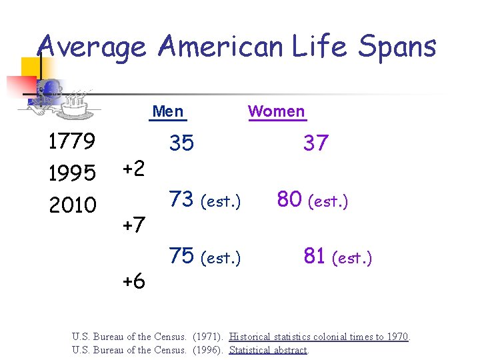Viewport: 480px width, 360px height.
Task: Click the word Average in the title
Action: click(x=91, y=47)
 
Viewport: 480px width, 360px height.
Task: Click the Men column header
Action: click(x=168, y=111)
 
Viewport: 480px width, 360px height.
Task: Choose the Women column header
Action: click(x=277, y=111)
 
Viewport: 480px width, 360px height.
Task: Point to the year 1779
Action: click(x=73, y=141)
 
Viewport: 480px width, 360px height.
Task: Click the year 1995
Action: click(x=73, y=173)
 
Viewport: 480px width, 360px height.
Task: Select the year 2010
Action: click(x=73, y=204)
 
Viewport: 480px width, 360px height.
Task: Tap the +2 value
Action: click(x=133, y=169)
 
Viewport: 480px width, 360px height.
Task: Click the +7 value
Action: click(x=133, y=225)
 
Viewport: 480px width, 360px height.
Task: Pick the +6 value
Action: click(x=133, y=281)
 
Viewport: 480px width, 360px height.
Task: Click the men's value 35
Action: click(x=181, y=143)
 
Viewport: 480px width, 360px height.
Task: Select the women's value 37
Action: click(x=316, y=143)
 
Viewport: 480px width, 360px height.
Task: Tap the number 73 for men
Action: click(x=181, y=199)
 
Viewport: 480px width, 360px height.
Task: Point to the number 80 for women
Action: click(x=290, y=199)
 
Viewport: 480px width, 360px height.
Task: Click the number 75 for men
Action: click(x=181, y=256)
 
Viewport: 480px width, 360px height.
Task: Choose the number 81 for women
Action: click(x=314, y=256)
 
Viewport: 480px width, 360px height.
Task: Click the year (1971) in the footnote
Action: click(x=207, y=337)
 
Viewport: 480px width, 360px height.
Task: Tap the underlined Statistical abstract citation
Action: click(x=268, y=350)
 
